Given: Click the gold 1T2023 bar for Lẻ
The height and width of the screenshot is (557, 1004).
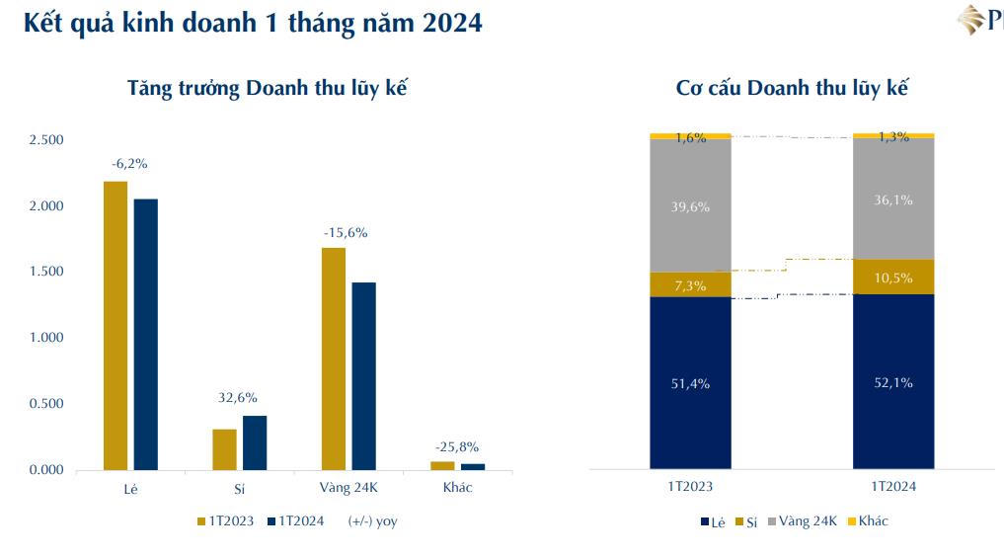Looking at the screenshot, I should (x=116, y=326).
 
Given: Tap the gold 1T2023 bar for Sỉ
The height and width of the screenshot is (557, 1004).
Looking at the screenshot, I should (x=224, y=449).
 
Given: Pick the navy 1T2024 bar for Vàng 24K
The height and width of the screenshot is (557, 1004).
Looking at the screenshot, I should (x=363, y=375).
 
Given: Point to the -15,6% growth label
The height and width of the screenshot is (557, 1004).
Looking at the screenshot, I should (x=346, y=233).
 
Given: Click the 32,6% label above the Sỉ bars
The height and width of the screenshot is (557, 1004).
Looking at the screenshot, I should (x=238, y=397).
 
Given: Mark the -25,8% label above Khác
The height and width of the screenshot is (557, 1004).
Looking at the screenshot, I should (x=457, y=446).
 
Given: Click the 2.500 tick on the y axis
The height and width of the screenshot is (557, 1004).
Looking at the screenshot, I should (x=46, y=140).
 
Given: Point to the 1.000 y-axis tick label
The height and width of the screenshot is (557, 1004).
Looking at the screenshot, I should (x=46, y=338).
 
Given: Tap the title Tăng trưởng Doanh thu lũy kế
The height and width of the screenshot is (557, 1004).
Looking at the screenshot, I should (x=268, y=88).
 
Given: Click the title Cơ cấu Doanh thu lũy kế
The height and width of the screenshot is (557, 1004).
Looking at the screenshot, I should (x=792, y=88).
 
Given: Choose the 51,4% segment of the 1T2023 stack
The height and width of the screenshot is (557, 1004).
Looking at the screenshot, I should (x=690, y=383).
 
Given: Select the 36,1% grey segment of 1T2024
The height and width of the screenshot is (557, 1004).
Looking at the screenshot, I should (x=892, y=199).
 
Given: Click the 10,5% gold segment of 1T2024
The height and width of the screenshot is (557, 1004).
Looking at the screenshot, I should (x=892, y=277).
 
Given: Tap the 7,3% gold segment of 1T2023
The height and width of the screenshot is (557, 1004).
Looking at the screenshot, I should (x=690, y=284).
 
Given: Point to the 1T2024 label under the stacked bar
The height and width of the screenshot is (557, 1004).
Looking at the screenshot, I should (x=892, y=486).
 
